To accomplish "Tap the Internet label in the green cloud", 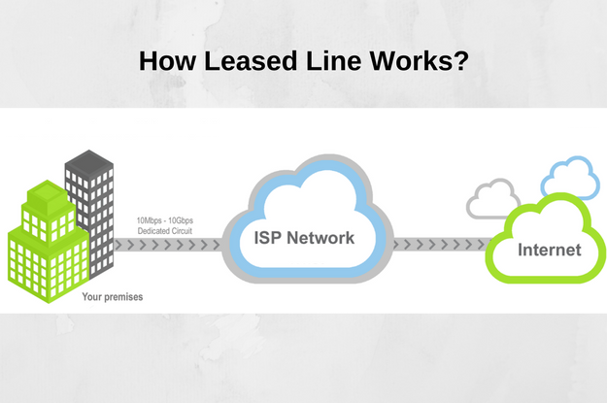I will [x=549, y=250].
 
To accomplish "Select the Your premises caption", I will [x=112, y=297].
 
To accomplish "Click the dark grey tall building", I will [x=90, y=194].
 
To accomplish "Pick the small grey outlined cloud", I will [x=492, y=200].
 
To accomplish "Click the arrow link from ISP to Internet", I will [x=439, y=246].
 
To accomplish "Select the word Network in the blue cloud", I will [x=323, y=237].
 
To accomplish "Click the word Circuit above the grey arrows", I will [x=187, y=231].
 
